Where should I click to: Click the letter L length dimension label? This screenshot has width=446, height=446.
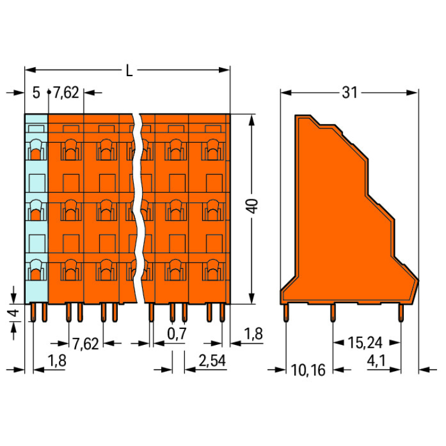pos(129,71)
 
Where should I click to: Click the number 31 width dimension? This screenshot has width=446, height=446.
pos(349,93)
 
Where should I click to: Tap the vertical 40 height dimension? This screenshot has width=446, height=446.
pos(252,206)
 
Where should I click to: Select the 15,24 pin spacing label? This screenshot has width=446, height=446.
pos(365,343)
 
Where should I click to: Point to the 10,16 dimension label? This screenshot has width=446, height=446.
pos(308,370)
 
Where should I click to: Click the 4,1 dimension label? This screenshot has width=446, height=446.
pos(376,361)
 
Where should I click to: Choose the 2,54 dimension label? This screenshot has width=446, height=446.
pos(212,361)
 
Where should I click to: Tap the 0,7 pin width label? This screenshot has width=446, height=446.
pos(177,334)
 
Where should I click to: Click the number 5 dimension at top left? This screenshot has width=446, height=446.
pos(36,93)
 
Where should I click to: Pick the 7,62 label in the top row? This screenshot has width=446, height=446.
pos(66,93)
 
